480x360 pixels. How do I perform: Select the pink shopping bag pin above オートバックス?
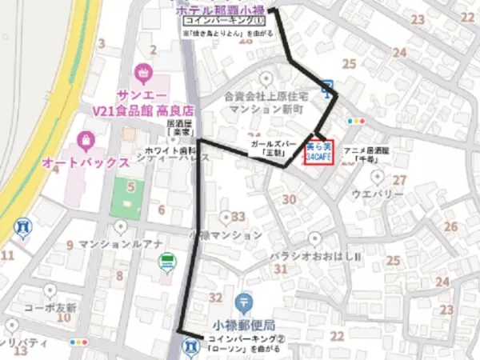pos(85,141)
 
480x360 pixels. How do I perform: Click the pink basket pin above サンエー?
pos(144,73)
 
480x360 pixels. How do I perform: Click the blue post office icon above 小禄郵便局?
pos(244,303)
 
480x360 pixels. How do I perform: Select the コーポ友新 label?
pos(49,307)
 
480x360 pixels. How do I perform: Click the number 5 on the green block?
pos(130,187)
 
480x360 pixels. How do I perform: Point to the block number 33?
pos(238,217)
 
